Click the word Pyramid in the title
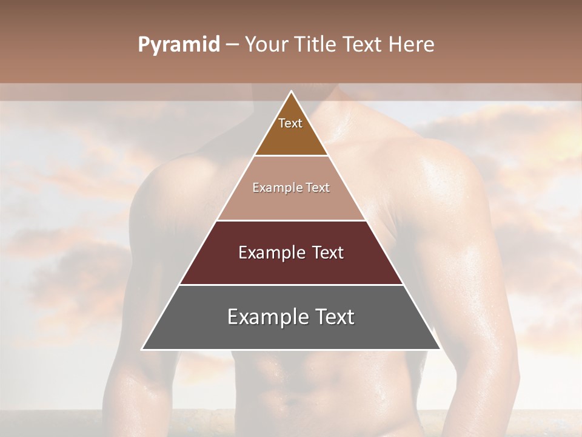[178, 45]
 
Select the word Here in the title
[412, 45]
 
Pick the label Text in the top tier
[290, 123]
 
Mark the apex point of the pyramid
[291, 92]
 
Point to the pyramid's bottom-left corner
[142, 349]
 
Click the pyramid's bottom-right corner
[440, 349]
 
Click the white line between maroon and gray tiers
[291, 285]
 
